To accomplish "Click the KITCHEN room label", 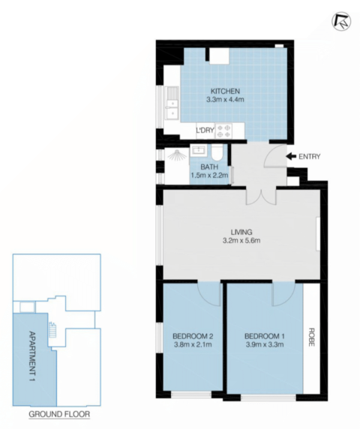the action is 225,91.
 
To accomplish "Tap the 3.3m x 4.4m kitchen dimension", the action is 225,100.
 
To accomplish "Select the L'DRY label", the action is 205,130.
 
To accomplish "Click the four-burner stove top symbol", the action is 223,131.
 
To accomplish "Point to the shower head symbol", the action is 177,155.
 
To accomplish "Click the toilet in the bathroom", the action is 217,153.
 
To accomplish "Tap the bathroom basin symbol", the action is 199,151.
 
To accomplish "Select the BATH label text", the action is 209,166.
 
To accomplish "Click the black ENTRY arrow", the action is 291,156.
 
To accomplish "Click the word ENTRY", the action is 310,157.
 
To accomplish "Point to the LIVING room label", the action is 241,232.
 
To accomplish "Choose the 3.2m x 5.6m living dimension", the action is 241,241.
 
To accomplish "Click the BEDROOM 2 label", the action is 193,336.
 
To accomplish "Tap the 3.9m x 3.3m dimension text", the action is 265,344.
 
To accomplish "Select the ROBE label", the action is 311,337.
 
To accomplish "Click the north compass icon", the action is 341,22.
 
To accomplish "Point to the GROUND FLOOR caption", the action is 59,414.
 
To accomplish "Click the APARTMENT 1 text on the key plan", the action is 32,356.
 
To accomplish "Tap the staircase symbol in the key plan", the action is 52,330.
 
